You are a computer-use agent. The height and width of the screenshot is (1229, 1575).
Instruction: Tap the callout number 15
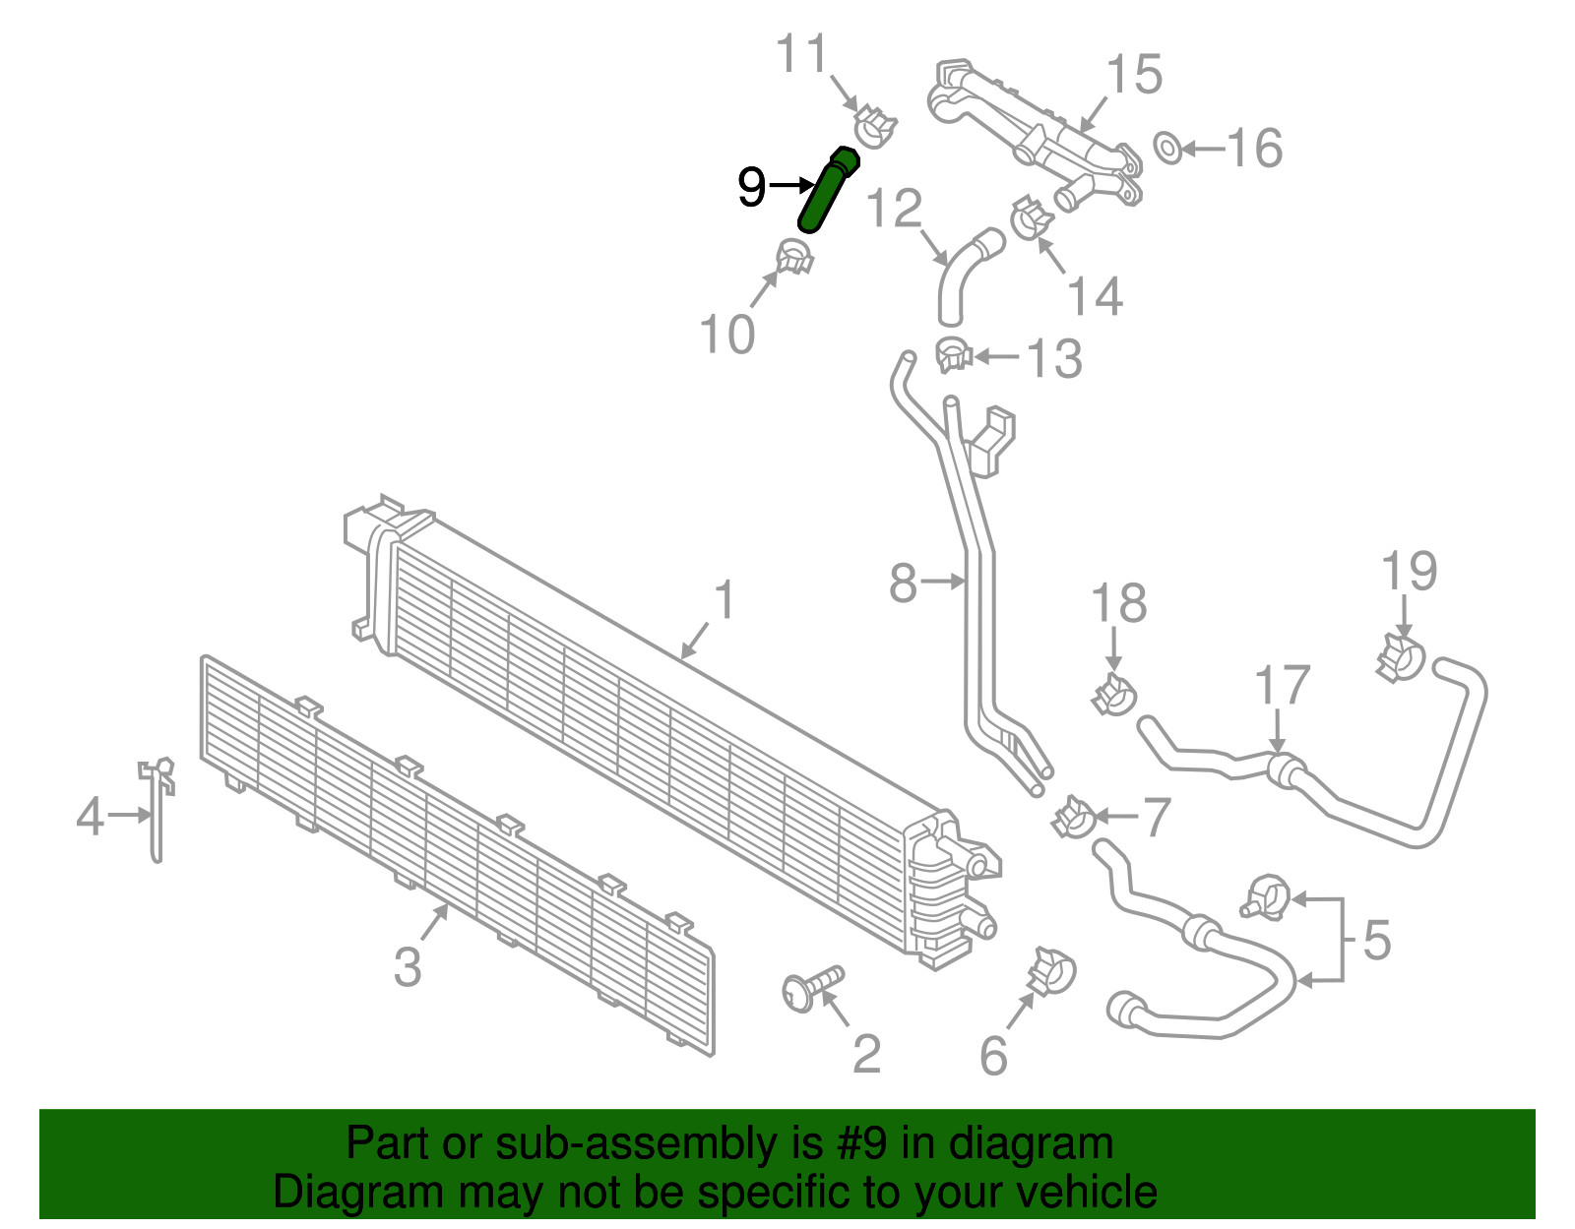point(1134,75)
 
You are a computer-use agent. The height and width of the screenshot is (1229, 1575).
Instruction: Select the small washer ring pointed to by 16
point(1167,149)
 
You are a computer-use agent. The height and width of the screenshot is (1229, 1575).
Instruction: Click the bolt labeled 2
point(811,988)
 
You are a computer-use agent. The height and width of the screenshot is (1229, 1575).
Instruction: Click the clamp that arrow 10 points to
point(795,257)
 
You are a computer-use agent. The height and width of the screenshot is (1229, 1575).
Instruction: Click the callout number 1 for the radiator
point(724,600)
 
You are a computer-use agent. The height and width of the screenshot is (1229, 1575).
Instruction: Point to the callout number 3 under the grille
point(408,966)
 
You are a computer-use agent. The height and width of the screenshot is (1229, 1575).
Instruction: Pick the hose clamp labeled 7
point(1073,818)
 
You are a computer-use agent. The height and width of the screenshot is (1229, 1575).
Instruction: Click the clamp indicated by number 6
point(1050,972)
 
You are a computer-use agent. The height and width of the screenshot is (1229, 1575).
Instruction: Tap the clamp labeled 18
point(1113,695)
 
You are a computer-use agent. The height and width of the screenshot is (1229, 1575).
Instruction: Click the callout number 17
point(1283,686)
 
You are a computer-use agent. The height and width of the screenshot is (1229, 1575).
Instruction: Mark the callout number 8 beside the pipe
point(903,583)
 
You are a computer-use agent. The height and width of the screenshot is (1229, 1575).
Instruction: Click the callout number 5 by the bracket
point(1377,940)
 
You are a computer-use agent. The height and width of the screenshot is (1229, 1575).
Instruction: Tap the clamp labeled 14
point(1030,217)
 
